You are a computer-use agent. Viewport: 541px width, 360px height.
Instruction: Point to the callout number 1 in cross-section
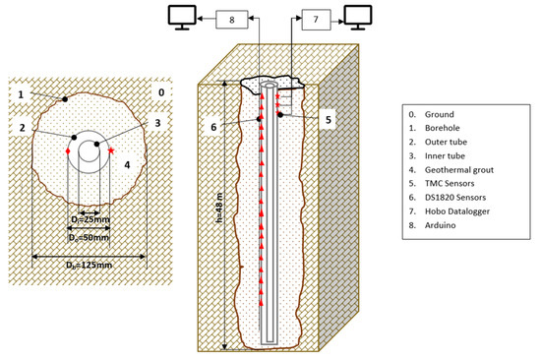pyautogui.click(x=19, y=93)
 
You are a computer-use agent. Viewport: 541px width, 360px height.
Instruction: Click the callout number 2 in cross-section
pyautogui.click(x=19, y=127)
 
